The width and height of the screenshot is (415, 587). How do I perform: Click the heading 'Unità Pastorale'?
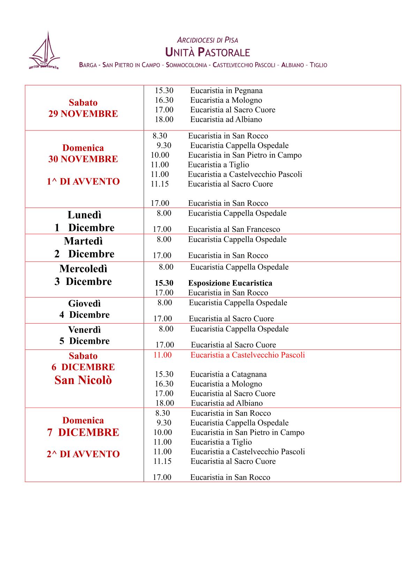click(207, 53)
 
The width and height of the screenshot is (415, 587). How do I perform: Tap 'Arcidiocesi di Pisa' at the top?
click(207, 40)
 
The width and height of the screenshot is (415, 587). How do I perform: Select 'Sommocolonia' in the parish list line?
click(186, 65)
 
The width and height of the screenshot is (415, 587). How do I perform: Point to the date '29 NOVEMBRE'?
click(83, 114)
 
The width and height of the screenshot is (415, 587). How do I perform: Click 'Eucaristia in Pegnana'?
click(226, 91)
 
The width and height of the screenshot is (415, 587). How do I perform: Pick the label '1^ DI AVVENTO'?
click(83, 182)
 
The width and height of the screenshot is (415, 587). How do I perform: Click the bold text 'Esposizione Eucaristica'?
click(230, 283)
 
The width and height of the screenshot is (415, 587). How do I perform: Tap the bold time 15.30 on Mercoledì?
click(164, 283)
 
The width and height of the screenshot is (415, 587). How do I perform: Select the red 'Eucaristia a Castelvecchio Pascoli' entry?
click(248, 355)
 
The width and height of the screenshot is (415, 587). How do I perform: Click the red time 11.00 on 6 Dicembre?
click(163, 355)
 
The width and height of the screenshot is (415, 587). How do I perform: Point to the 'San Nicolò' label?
click(83, 380)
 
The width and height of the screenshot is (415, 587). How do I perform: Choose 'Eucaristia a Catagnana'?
click(228, 375)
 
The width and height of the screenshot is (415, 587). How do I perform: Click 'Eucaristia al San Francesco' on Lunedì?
click(234, 229)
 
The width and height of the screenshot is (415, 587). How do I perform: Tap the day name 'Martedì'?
click(83, 241)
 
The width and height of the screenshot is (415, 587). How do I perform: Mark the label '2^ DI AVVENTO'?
click(83, 454)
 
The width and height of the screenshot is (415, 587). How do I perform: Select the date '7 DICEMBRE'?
click(83, 432)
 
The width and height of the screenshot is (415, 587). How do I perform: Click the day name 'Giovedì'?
click(84, 303)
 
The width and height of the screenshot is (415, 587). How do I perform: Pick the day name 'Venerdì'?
click(84, 330)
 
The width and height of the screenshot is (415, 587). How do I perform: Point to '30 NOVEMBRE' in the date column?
click(83, 159)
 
